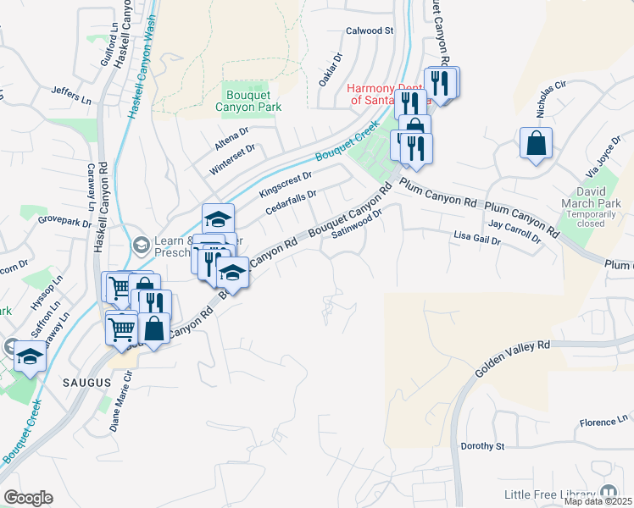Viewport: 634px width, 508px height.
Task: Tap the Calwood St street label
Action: pos(370,30)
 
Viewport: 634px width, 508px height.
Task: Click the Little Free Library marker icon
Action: pos(609,492)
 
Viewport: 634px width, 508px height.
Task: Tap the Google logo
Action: pos(28,498)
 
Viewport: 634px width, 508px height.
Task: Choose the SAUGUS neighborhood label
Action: pos(87,383)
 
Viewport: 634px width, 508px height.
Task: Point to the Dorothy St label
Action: pos(482,446)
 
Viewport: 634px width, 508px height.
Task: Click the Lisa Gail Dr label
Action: pos(477,236)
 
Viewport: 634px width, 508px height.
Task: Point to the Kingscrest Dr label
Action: pos(286,182)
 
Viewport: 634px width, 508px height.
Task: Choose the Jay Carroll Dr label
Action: pos(515,232)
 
